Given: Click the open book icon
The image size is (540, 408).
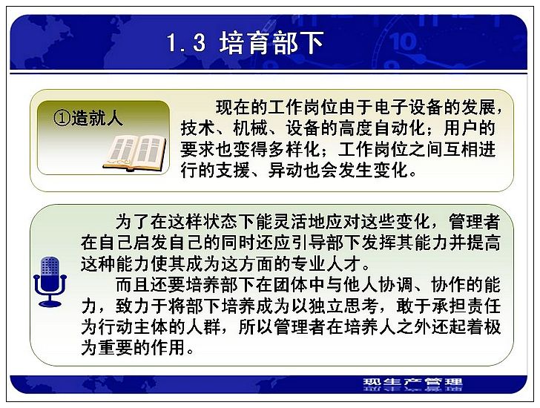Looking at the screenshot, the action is pos(135,153).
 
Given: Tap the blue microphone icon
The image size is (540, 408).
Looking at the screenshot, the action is pos(50,281).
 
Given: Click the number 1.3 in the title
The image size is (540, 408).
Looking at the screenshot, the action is pos(186,43).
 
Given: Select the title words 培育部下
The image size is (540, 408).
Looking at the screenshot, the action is pos(271,43).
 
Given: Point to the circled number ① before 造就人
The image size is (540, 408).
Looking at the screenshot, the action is pos(62,119).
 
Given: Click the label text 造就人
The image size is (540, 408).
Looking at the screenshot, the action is pos(97,119).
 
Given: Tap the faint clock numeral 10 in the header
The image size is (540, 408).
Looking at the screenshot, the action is pos(404,42).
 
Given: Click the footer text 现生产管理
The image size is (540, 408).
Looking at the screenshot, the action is pos(412,382).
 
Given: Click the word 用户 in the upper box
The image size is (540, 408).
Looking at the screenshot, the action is pos(461,128).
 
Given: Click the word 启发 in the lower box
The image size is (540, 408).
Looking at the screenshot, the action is pos(151,243).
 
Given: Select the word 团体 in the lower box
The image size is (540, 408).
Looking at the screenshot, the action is pos(291,285).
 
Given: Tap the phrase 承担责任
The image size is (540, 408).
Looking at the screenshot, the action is pos(466,306).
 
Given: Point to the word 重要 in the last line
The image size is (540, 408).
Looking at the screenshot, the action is pos(116,348).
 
